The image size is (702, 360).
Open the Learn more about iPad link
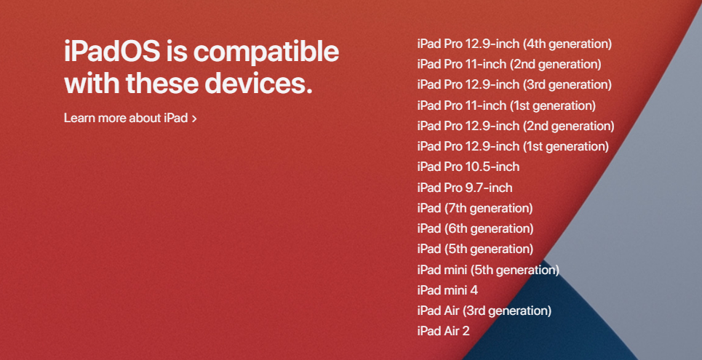(126, 118)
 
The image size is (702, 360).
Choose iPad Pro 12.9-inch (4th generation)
(514, 44)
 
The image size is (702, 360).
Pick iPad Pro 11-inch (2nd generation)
(509, 64)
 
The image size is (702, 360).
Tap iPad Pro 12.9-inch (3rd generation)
(514, 84)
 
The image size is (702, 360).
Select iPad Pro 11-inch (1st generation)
(506, 105)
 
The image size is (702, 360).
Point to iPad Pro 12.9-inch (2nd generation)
(516, 126)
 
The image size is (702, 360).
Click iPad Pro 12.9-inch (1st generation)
(513, 146)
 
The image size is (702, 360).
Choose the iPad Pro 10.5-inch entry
(468, 167)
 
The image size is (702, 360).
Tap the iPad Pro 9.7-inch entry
(465, 188)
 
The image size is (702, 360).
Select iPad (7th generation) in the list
(475, 208)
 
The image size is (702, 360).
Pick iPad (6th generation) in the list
(475, 228)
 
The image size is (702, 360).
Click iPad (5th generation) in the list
(475, 249)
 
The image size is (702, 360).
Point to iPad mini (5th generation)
(488, 270)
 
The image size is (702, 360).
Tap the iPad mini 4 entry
(447, 290)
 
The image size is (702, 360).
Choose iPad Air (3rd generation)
(484, 311)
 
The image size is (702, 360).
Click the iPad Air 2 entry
(444, 331)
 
